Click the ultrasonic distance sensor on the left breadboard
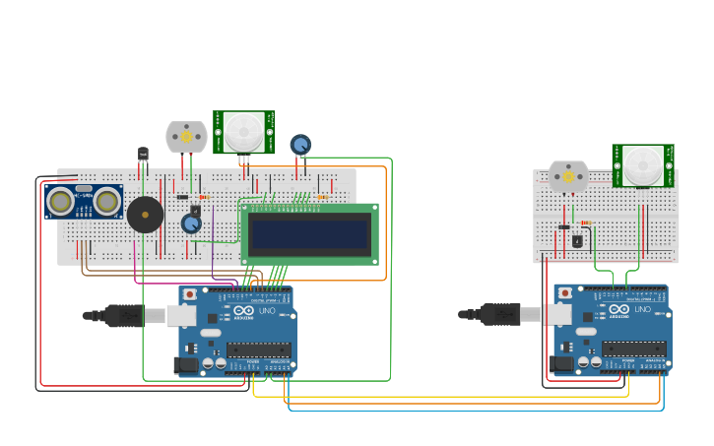[84, 202]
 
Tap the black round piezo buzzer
[145, 215]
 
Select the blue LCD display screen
[309, 234]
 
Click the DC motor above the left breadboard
[186, 137]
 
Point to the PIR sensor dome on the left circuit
[244, 132]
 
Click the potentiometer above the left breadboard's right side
[300, 145]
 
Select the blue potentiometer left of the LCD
[191, 223]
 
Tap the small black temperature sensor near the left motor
[143, 155]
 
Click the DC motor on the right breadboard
[568, 177]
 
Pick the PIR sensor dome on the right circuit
[643, 164]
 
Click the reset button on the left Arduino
[189, 294]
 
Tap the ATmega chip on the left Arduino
[259, 350]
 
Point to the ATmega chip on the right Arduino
[634, 349]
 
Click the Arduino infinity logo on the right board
[618, 310]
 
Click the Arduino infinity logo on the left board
[243, 311]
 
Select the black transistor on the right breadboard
[577, 240]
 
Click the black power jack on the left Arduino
[184, 365]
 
